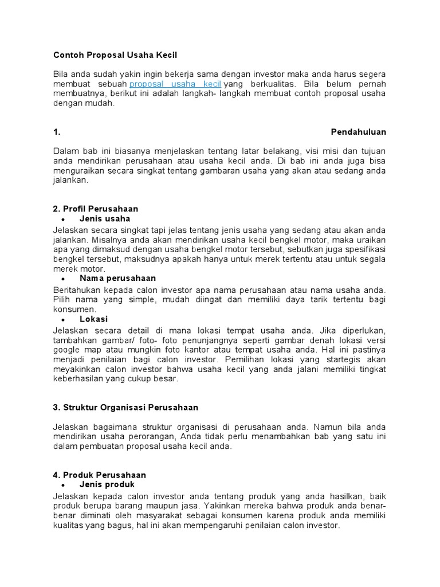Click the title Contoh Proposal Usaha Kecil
point(115,55)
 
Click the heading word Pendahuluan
point(359,132)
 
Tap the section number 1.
point(57,132)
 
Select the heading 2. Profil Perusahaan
point(96,209)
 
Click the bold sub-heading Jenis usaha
point(105,219)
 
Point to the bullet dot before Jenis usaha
point(62,220)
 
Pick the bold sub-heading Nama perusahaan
point(117,279)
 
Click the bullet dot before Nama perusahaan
point(62,279)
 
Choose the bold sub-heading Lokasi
point(93,319)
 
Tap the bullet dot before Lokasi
point(62,319)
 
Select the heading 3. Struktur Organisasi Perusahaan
point(125,408)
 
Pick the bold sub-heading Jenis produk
point(107,485)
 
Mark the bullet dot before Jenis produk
point(62,486)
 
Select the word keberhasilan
point(77,379)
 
